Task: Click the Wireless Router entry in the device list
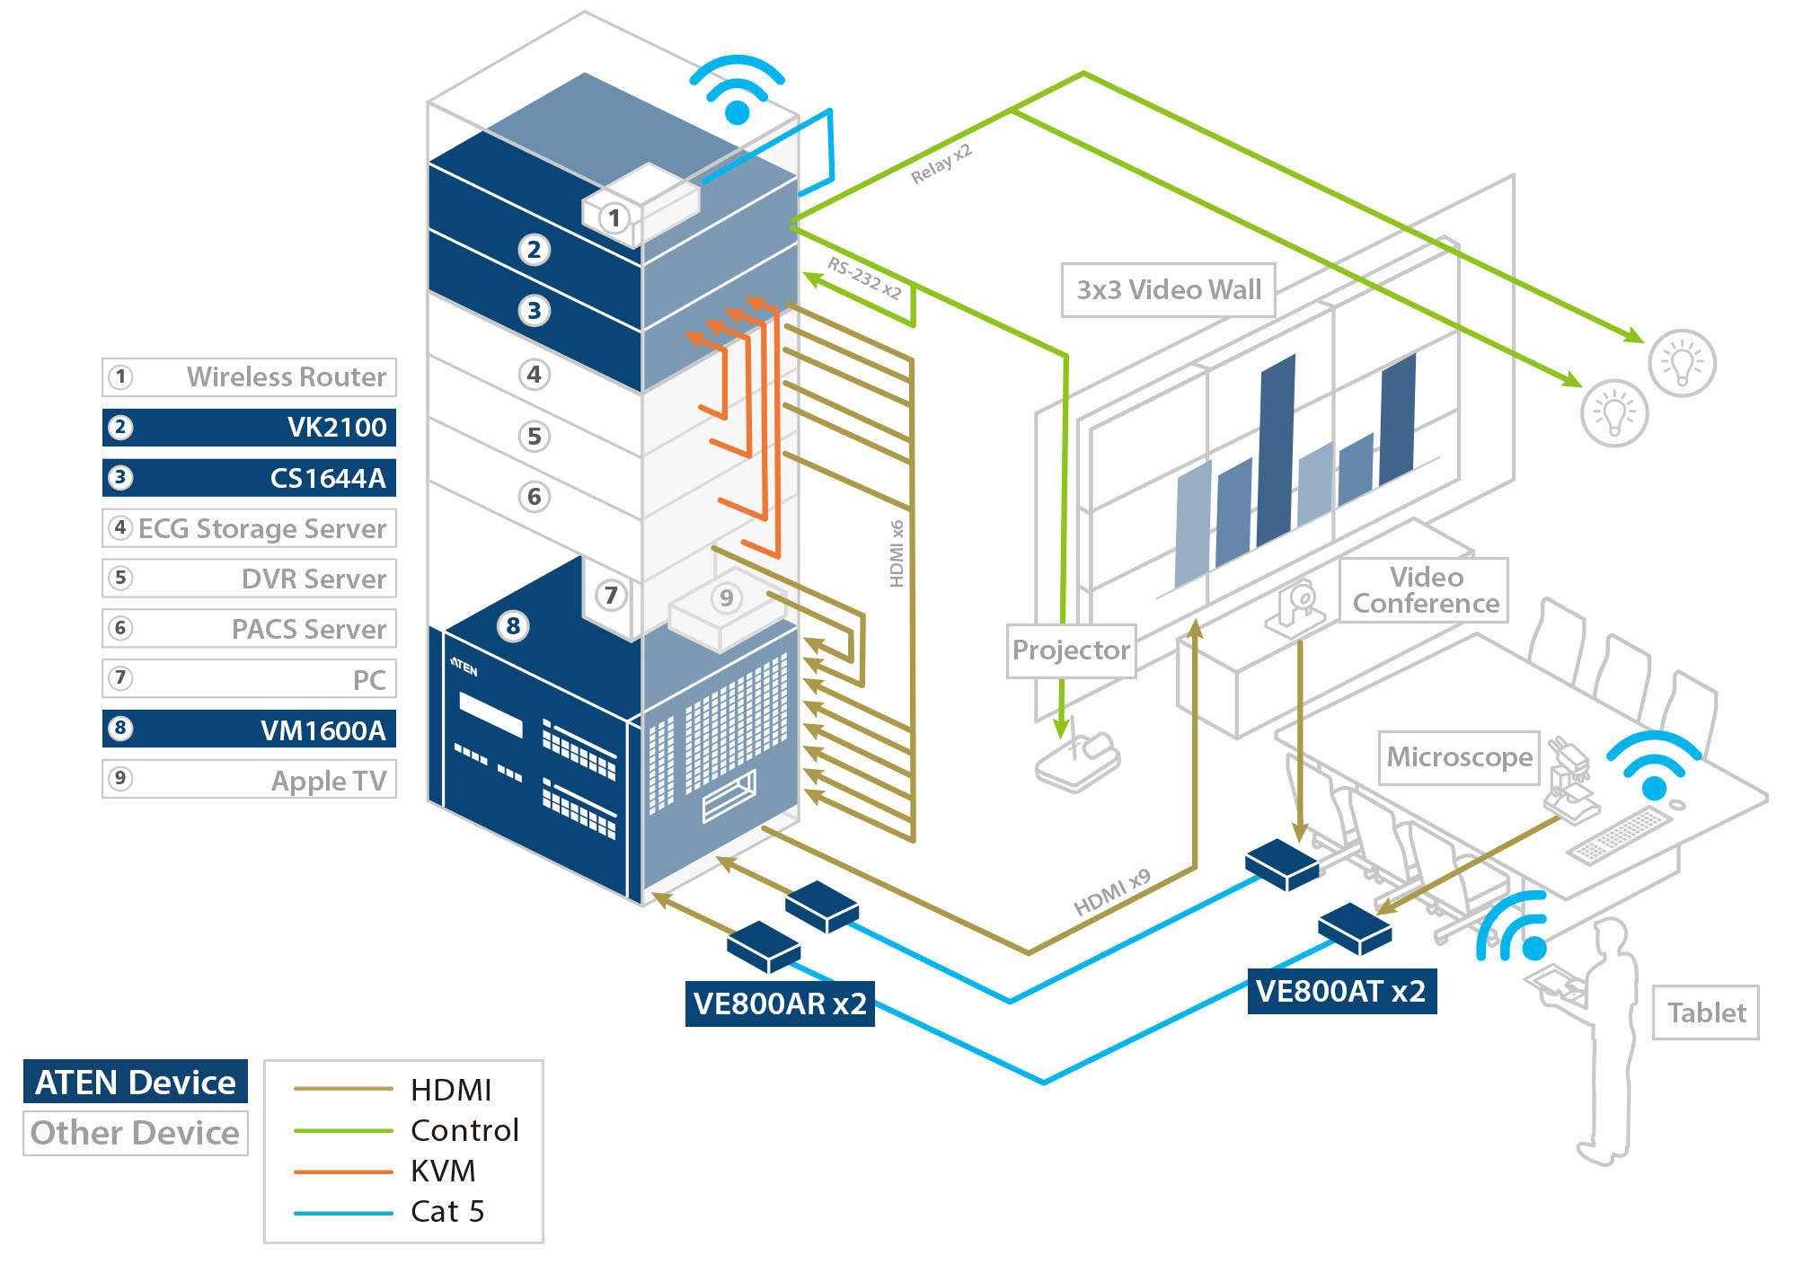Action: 249,376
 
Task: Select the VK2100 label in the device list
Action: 249,427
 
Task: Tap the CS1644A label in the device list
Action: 249,477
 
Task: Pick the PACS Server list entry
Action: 249,628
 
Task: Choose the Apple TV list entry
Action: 249,779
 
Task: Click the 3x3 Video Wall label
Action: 1168,289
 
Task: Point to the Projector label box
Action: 1071,650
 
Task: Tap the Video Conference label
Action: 1425,589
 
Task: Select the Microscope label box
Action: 1459,756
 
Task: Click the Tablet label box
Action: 1705,1012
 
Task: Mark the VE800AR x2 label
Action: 779,1003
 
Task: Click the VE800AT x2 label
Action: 1340,991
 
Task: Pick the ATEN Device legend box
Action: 135,1082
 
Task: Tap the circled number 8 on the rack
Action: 513,625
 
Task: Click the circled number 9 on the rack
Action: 726,597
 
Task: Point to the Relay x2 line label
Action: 941,164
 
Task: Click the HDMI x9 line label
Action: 1111,892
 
